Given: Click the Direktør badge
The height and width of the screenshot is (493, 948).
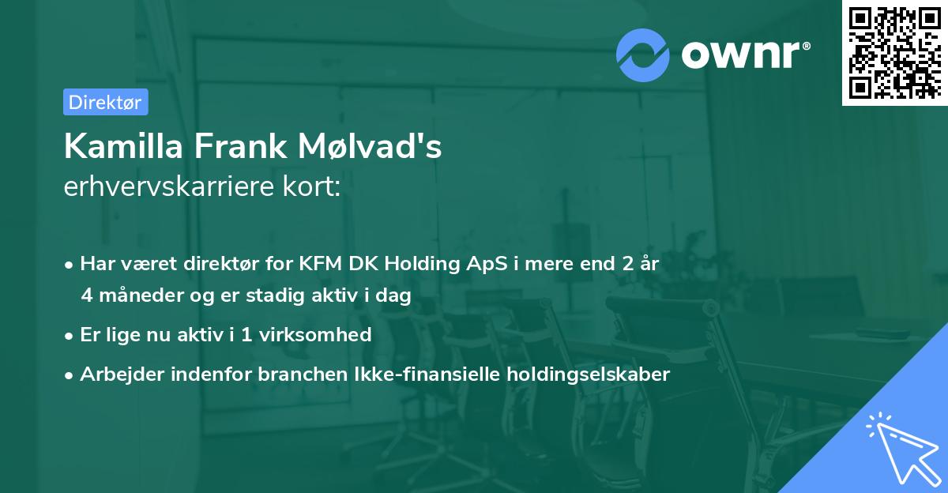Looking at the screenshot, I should (105, 102).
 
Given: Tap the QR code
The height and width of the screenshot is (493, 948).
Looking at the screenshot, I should (894, 53).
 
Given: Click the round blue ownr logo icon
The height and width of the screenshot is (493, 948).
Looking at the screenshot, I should (643, 55).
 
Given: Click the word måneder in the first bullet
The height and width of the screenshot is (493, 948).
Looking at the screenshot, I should (137, 295).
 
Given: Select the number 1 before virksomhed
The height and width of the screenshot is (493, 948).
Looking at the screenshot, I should (247, 334).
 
